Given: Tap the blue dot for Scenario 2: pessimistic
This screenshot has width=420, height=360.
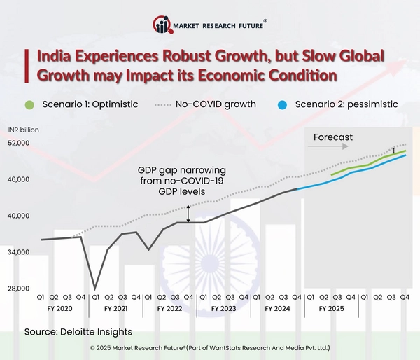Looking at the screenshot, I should coord(281,104).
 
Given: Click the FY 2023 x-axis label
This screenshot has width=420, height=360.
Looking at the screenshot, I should coord(223,308).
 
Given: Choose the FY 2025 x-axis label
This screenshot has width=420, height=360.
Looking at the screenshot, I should coord(331,308).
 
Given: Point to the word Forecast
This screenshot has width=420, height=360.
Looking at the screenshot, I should coord(332,137).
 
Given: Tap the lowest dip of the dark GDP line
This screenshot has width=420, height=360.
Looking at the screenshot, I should coord(95,289).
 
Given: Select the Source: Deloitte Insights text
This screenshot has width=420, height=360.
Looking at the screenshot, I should coord(78,331).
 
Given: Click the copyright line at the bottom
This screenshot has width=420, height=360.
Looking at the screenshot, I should coord(210,347).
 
